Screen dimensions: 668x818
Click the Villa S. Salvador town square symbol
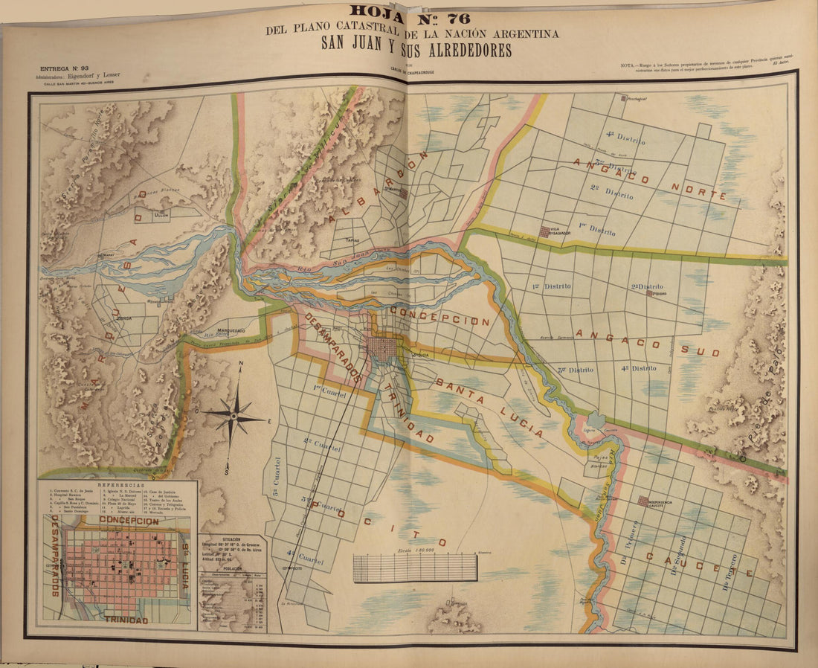[545, 231]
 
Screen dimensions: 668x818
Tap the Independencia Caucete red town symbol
[644, 501]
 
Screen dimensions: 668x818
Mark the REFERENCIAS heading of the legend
[117, 484]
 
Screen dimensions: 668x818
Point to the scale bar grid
[415, 568]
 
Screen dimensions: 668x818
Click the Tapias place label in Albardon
[353, 241]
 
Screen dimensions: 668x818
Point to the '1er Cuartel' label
[330, 391]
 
